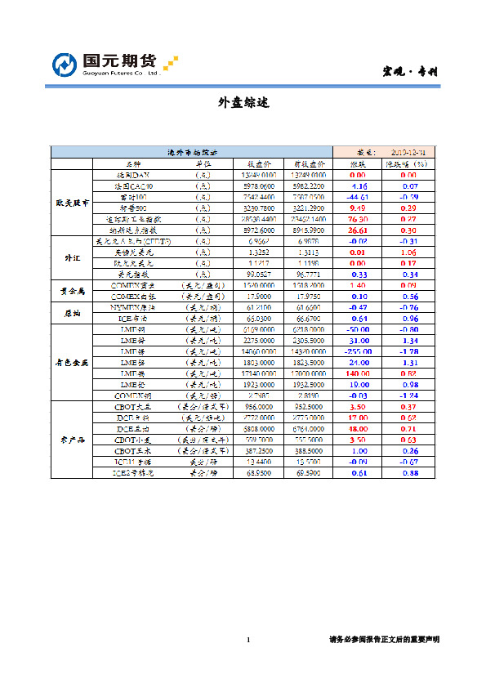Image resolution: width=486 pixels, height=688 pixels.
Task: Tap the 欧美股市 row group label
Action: [72, 202]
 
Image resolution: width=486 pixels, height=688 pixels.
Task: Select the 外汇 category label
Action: [72, 258]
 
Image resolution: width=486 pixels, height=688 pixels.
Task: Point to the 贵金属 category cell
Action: [72, 291]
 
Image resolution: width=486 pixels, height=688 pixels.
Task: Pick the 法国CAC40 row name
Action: [130, 185]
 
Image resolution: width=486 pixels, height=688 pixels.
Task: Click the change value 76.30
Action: [357, 219]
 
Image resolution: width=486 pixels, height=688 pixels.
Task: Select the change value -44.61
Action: [357, 197]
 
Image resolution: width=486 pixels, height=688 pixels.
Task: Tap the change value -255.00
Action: [357, 350]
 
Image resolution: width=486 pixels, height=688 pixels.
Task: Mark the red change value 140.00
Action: [357, 372]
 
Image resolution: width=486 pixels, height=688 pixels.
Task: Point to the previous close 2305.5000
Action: [308, 339]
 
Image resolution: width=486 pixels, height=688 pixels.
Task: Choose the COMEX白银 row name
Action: [130, 296]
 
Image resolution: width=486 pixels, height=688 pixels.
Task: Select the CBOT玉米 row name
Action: [130, 450]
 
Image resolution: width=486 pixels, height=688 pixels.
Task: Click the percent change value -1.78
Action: [408, 350]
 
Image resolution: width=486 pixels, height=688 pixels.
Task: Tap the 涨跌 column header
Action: [357, 163]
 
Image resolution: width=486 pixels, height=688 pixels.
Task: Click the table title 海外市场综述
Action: [192, 152]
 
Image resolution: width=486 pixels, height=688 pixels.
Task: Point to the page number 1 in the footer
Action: [247, 639]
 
